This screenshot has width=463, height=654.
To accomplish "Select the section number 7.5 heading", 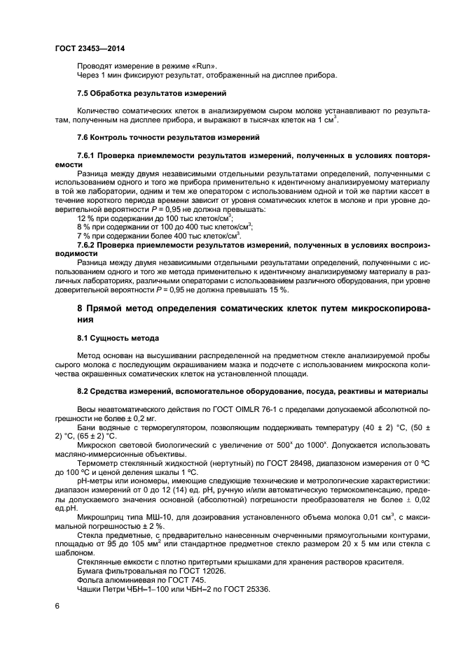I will click(x=83, y=93).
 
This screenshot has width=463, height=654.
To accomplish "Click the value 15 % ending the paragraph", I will click(x=279, y=290).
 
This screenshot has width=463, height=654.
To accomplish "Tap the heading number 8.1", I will click(x=83, y=339).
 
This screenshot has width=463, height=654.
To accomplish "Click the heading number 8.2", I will click(x=83, y=392).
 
